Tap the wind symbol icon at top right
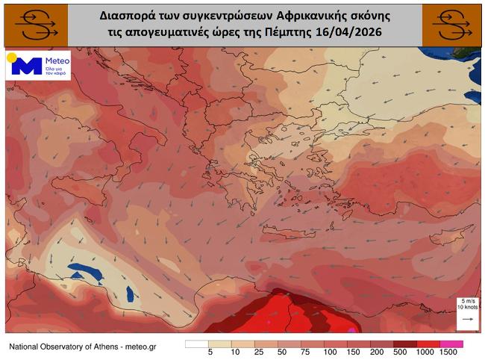pyautogui.click(x=451, y=25)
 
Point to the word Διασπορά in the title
pyautogui.click(x=128, y=15)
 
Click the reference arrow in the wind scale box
pyautogui.click(x=467, y=319)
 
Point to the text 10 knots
pyautogui.click(x=467, y=307)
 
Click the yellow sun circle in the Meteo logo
pyautogui.click(x=12, y=57)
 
